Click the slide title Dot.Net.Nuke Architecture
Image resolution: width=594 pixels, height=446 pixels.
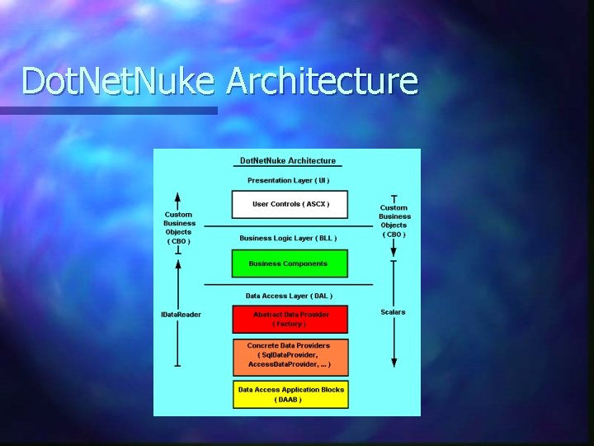(219, 82)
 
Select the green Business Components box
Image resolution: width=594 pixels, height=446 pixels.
(289, 263)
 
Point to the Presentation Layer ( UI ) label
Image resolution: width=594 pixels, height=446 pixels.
(289, 180)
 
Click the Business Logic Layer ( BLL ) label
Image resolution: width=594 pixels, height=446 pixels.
(288, 238)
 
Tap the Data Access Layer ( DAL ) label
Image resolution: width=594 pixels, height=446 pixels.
(289, 295)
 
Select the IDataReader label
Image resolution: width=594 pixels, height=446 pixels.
(181, 314)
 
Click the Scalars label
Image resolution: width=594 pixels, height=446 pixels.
(394, 311)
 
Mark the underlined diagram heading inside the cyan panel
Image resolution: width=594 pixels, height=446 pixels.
(288, 160)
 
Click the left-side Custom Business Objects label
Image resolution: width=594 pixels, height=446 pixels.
(179, 228)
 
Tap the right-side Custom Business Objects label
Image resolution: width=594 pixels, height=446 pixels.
(394, 221)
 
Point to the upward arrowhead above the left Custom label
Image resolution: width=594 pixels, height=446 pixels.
(178, 197)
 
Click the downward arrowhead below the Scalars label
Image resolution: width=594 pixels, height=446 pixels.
(394, 362)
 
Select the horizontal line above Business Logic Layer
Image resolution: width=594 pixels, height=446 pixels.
(288, 225)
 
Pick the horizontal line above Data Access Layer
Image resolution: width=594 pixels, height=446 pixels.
(288, 284)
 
